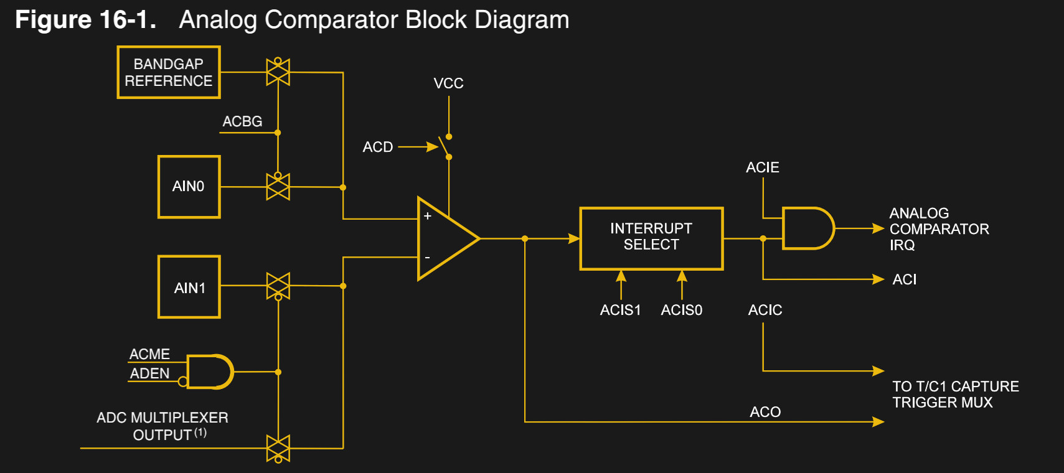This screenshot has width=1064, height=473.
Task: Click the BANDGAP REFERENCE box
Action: click(x=169, y=72)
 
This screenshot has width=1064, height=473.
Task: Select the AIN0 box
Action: click(x=189, y=186)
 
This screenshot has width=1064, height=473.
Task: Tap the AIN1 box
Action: click(x=189, y=287)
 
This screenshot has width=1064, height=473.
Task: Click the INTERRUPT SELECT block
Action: click(x=651, y=238)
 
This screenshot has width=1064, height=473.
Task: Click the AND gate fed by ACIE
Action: click(x=807, y=228)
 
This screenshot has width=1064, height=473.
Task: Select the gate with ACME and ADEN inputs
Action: click(x=209, y=372)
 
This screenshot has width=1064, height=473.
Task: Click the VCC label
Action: click(x=448, y=83)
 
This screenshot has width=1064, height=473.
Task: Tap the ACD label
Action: click(x=377, y=147)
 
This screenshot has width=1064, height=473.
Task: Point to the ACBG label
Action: click(x=242, y=121)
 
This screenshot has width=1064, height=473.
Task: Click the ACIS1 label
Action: click(x=620, y=310)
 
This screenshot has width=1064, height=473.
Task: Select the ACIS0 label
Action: click(x=681, y=310)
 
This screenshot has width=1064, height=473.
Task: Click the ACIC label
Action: click(x=765, y=310)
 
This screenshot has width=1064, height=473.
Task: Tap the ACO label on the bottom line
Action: click(x=765, y=412)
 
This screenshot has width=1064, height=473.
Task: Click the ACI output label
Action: click(x=904, y=279)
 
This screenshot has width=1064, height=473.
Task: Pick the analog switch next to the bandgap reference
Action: click(x=278, y=72)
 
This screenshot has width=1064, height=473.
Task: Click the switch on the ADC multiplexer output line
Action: click(x=278, y=448)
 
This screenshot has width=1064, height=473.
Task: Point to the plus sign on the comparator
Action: click(x=428, y=216)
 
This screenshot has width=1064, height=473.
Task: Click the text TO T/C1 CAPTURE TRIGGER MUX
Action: click(x=955, y=395)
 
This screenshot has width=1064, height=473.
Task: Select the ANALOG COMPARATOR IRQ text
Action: click(x=938, y=229)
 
